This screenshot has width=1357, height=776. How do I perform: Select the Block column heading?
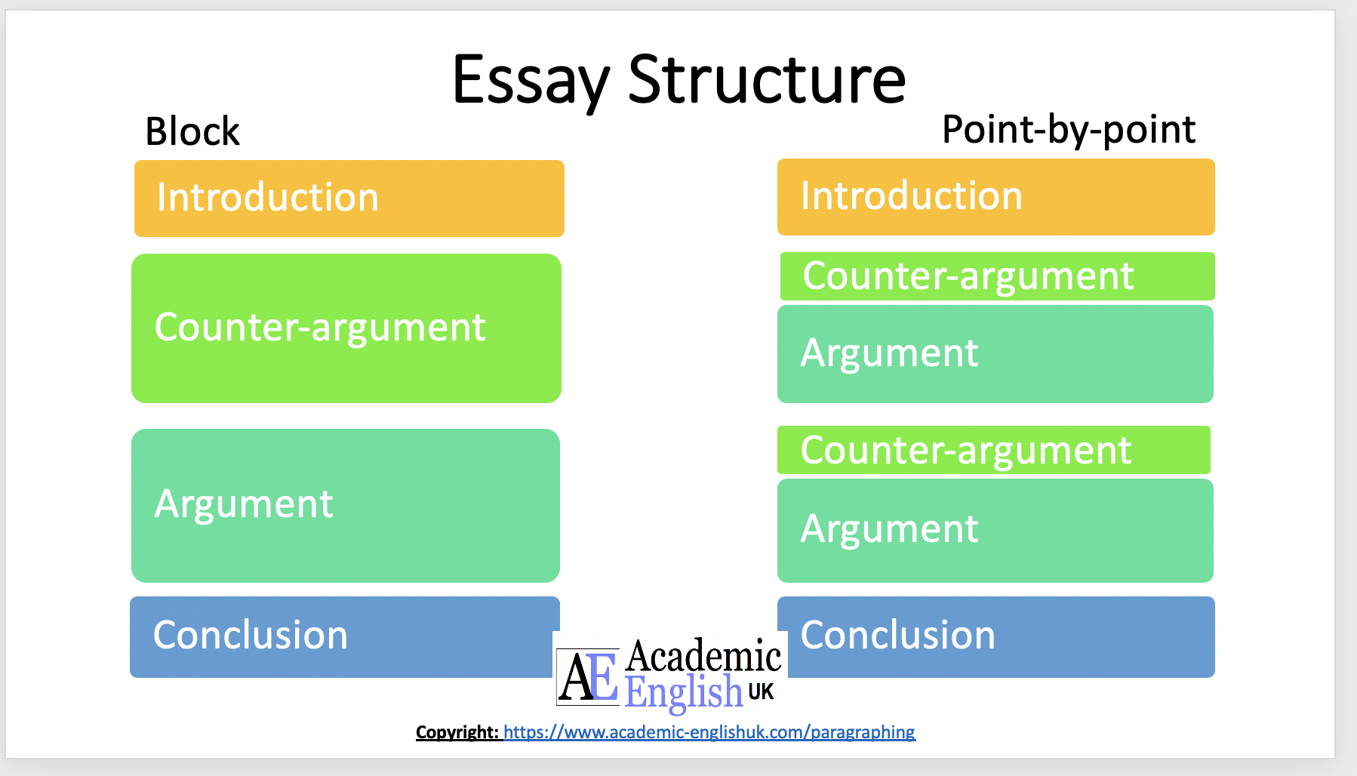[192, 131]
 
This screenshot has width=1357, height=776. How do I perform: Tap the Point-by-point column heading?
[1068, 129]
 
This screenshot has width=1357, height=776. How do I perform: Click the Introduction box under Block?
[349, 199]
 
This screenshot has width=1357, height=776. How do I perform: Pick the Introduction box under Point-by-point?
[995, 197]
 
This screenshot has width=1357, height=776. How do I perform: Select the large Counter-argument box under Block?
[346, 328]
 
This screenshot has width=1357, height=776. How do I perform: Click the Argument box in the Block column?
[345, 505]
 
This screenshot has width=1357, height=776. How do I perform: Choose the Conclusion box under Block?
[344, 636]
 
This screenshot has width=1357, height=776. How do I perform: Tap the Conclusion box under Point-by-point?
[995, 636]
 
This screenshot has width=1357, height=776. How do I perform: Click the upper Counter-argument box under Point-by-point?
[996, 276]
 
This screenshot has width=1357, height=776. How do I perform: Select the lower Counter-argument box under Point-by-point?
[993, 450]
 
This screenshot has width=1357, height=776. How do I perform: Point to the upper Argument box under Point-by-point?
[995, 354]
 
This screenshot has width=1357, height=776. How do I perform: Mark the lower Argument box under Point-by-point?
[995, 530]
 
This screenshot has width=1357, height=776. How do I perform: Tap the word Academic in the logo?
[703, 655]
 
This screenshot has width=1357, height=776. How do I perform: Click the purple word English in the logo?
[684, 692]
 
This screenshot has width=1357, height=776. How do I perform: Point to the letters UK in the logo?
[761, 691]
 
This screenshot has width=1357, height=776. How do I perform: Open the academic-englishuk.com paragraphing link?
[709, 732]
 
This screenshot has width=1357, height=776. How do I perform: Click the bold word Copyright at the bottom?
[457, 732]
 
